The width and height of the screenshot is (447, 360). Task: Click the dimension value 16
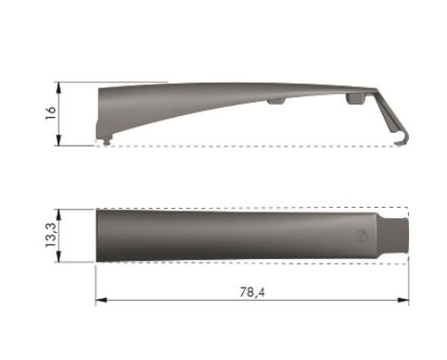pyautogui.click(x=51, y=113)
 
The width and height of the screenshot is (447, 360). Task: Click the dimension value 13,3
pyautogui.click(x=51, y=235)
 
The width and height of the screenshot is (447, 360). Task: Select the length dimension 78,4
pyautogui.click(x=252, y=292)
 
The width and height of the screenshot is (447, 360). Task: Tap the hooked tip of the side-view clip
pyautogui.click(x=402, y=142)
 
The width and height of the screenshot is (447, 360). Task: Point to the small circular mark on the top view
pyautogui.click(x=362, y=236)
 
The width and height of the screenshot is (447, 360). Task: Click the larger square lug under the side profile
pyautogui.click(x=356, y=98)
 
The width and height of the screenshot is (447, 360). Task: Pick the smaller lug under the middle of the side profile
pyautogui.click(x=276, y=101)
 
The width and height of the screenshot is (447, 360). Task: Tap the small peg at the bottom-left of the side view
pyautogui.click(x=107, y=141)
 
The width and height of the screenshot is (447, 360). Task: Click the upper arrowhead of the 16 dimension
pyautogui.click(x=58, y=87)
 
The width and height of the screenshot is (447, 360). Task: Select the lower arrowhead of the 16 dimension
pyautogui.click(x=58, y=140)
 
